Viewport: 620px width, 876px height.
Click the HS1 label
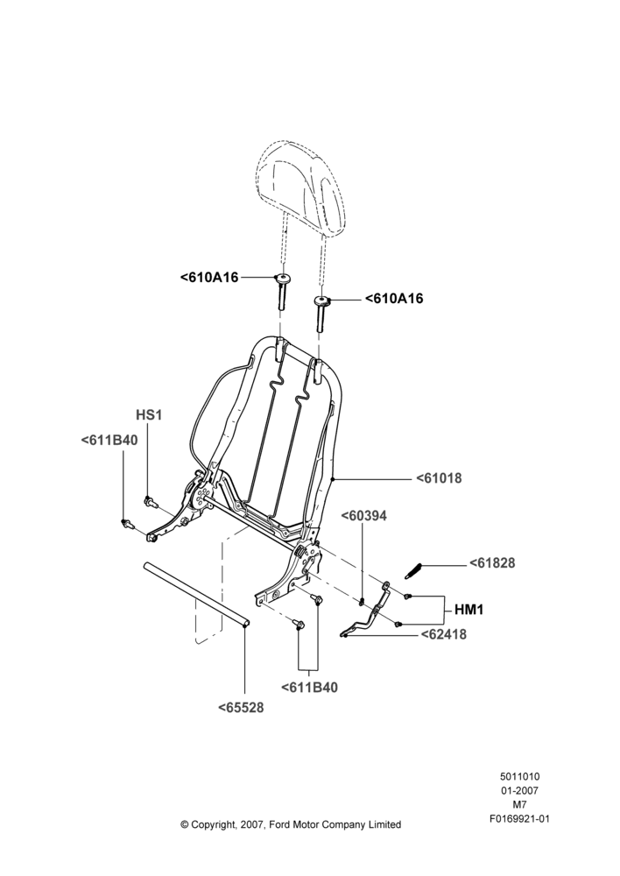(x=149, y=415)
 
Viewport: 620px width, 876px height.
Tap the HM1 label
(x=469, y=610)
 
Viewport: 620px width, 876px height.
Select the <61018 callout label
(x=439, y=478)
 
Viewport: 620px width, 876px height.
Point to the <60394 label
(x=363, y=516)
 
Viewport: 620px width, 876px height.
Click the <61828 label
(x=492, y=562)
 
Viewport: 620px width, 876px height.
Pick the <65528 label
(x=241, y=707)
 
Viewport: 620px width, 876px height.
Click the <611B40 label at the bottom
(x=309, y=688)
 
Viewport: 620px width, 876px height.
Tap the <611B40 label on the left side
(x=109, y=441)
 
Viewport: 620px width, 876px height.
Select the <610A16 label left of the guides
(x=209, y=277)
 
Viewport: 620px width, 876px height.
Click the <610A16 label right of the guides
(x=394, y=299)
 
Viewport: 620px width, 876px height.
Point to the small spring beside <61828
(x=414, y=571)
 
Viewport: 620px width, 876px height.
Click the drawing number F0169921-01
(x=519, y=819)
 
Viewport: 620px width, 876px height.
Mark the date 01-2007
(x=519, y=790)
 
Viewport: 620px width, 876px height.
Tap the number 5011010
(x=519, y=776)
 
